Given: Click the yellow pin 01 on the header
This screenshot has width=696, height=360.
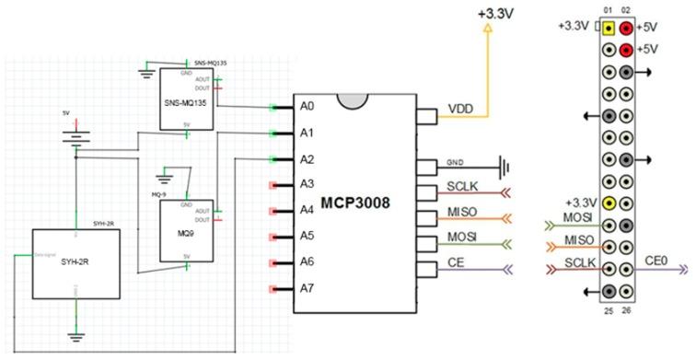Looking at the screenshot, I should click(x=609, y=28).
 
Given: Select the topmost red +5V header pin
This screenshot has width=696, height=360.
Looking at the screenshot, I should click(x=628, y=28).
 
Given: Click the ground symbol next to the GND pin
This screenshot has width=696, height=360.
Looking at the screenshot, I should click(x=503, y=168).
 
